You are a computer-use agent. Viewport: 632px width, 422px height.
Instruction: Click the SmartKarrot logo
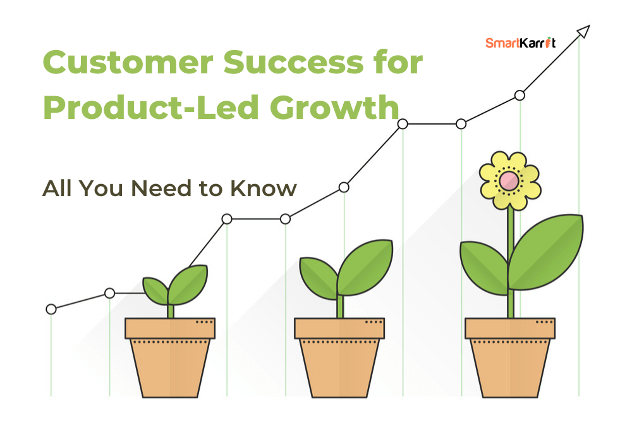[x=520, y=42]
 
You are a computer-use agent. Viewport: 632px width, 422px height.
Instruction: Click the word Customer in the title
[x=128, y=63]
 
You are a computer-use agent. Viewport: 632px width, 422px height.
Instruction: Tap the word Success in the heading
[x=293, y=63]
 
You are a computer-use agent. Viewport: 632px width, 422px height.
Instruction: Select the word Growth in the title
[x=334, y=108]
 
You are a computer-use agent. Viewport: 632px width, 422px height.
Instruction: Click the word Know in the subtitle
[x=264, y=188]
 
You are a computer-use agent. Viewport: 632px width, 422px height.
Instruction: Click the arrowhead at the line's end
[x=583, y=31]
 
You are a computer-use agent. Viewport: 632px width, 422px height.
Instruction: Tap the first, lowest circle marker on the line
[x=51, y=309]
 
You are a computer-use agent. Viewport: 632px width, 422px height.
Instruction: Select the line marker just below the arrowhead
[x=520, y=96]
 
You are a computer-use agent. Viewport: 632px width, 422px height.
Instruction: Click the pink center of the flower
[x=509, y=181]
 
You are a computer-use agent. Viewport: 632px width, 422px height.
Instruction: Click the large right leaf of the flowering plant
[x=545, y=253]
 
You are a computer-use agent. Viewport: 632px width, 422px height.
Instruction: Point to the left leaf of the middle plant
[x=319, y=278]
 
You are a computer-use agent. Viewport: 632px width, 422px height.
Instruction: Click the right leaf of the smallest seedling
[x=188, y=285]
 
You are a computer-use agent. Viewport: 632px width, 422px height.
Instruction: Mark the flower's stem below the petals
[x=511, y=262]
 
